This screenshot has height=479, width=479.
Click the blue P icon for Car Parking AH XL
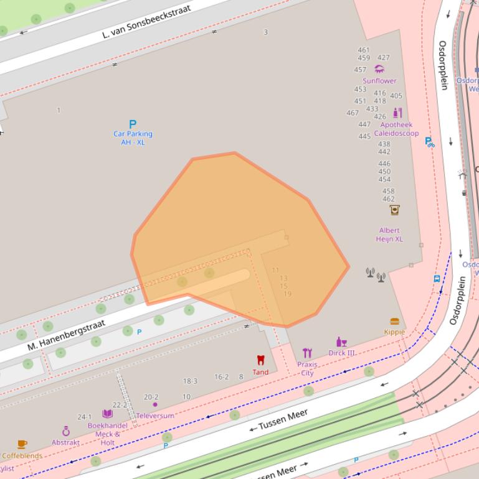[x=132, y=124]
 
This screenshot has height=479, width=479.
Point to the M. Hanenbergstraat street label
[x=67, y=334]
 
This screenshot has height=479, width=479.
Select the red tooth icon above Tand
[x=260, y=360]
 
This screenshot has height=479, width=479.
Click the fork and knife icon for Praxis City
[x=307, y=353]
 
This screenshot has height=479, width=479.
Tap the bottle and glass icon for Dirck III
[x=341, y=342]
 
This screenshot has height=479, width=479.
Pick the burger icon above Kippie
[x=394, y=322]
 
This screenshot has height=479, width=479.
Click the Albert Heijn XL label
[x=389, y=235]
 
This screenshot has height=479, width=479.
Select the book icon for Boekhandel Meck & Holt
[x=108, y=414]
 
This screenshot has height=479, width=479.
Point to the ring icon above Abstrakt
[x=66, y=431]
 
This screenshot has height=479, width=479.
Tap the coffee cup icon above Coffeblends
[x=22, y=444]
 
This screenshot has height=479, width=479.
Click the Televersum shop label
[x=155, y=416]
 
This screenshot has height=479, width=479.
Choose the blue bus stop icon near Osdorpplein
[x=437, y=279]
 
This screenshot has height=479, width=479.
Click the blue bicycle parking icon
[x=429, y=142]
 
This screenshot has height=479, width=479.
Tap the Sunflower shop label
[x=379, y=81]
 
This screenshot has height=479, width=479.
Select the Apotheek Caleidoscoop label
[x=396, y=129]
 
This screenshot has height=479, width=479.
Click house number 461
[x=364, y=50]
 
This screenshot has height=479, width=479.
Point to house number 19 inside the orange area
[x=287, y=294]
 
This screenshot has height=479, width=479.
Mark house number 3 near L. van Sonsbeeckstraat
[x=266, y=32]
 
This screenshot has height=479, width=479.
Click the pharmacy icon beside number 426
[x=397, y=113]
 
